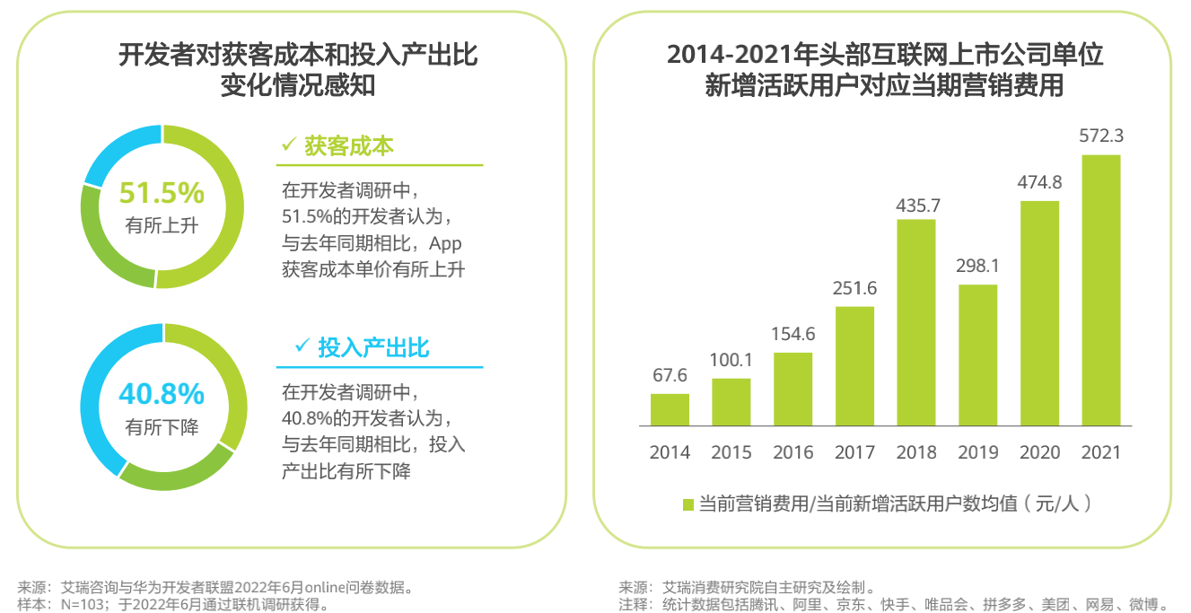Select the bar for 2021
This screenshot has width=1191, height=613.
1101,290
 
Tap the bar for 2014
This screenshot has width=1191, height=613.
670,409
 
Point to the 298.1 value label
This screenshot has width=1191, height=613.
977,267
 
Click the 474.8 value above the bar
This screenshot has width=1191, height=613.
1039,182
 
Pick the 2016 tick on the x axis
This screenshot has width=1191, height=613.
793,452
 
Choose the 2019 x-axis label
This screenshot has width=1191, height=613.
978,452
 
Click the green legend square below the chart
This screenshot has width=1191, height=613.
688,504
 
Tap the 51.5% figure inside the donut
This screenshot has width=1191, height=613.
162,193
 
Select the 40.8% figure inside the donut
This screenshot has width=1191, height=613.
162,393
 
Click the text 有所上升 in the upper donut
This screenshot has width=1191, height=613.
162,225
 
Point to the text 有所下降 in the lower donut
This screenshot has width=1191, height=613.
162,426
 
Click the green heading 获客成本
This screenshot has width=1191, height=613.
349,146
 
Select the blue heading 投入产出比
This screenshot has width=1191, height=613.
373,347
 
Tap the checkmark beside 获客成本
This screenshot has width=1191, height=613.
288,144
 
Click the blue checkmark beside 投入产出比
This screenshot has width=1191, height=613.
302,346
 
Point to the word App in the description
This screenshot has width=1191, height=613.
445,243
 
